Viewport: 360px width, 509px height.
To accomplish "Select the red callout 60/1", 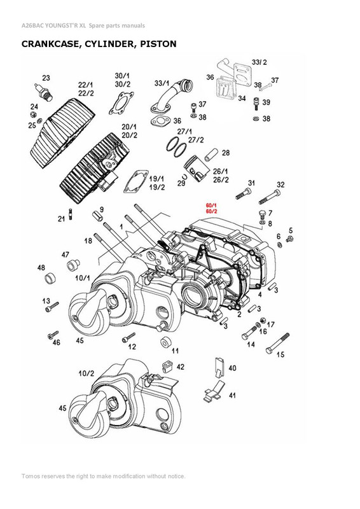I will coord(211,205).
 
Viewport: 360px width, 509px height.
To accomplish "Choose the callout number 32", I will coord(280,185).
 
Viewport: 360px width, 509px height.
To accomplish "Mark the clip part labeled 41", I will coord(213,391).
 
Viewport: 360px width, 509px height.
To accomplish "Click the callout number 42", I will coord(181,367).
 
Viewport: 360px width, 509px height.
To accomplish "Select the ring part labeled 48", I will coord(48,279).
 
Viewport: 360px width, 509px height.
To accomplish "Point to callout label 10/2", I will coord(87,372).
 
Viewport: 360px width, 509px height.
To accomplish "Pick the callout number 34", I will coord(242,99).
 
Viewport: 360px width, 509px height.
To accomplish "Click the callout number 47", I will coord(66,255).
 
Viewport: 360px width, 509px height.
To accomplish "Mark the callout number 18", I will coord(88,241).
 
